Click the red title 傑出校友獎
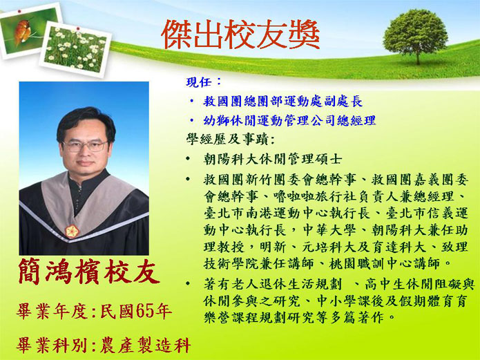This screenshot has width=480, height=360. tap(240, 35)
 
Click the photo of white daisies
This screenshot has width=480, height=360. tap(75, 49)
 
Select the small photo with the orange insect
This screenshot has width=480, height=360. tap(30, 30)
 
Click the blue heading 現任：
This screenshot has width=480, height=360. tap(204, 82)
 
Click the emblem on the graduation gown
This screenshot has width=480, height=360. tap(72, 231)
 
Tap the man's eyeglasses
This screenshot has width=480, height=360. tap(85, 146)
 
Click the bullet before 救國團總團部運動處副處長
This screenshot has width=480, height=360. tap(191, 101)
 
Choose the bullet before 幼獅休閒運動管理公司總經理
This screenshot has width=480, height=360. tap(191, 120)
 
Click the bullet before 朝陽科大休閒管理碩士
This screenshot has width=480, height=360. tap(188, 159)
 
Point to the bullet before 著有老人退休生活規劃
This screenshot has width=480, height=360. tap(188, 283)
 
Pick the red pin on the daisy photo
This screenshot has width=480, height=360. tap(78, 29)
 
